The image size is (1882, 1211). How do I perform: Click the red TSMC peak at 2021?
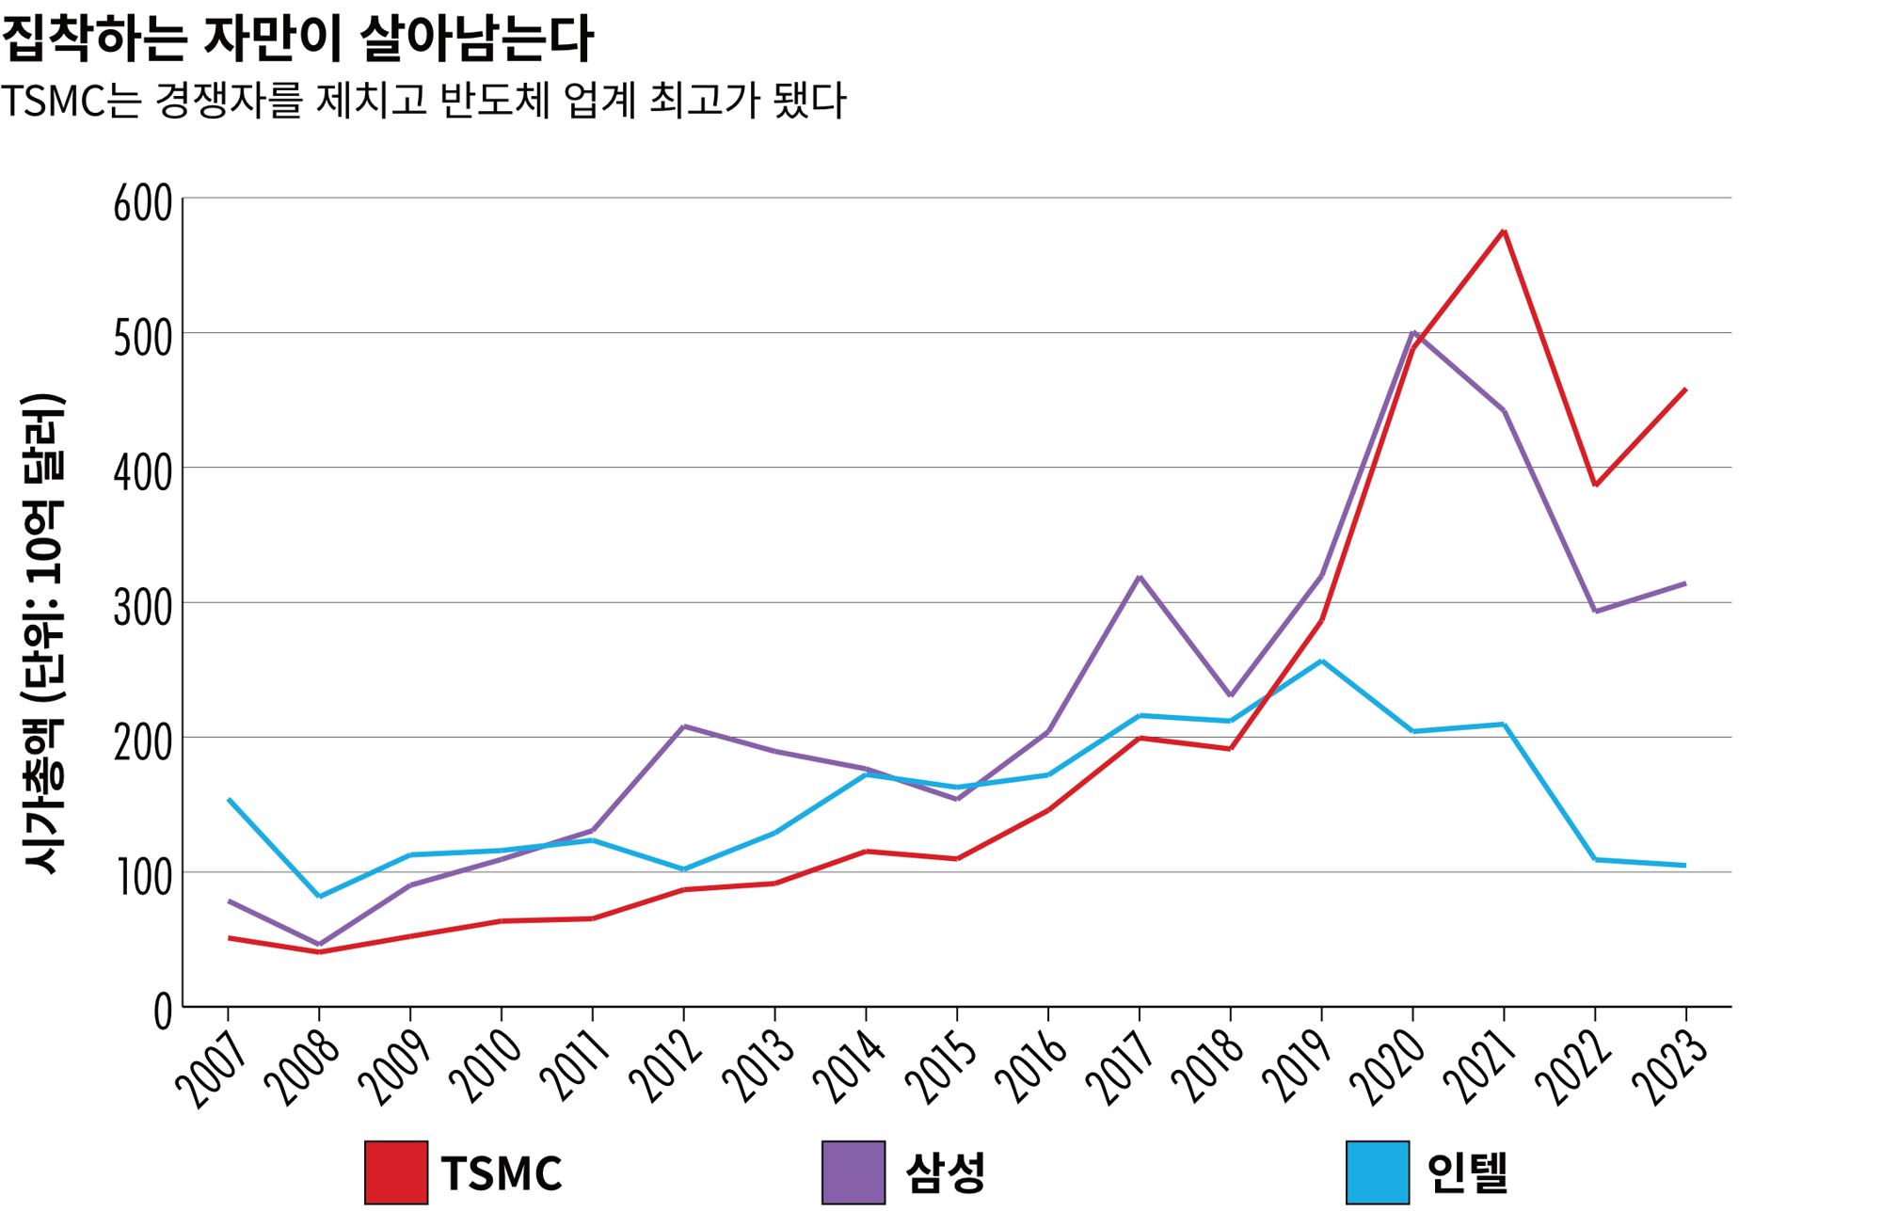[1504, 231]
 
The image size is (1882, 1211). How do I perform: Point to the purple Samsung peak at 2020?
[1413, 333]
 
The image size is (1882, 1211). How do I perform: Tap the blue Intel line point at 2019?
[1322, 661]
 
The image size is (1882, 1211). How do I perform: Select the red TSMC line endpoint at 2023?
[1684, 390]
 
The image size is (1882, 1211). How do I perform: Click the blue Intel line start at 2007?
[230, 801]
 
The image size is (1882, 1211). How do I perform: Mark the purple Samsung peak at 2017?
[1140, 577]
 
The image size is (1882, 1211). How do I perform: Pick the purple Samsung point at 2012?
[684, 726]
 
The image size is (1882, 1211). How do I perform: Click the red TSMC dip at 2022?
[1595, 486]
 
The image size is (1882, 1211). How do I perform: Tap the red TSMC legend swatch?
[396, 1172]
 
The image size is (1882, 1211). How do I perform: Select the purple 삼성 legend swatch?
[853, 1172]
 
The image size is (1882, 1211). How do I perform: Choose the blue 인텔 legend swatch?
[1378, 1172]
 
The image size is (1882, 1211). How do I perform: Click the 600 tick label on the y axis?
[143, 203]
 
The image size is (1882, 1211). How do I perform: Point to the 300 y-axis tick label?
[143, 608]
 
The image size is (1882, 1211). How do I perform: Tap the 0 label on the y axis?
[164, 1012]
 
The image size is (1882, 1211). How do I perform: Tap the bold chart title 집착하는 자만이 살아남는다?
[297, 38]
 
